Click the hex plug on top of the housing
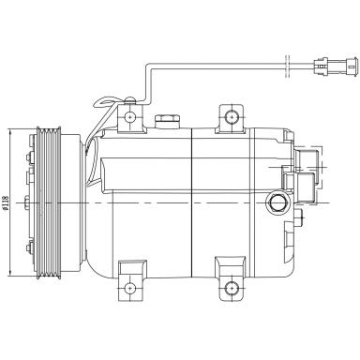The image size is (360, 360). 170,122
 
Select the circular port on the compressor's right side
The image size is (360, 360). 277,202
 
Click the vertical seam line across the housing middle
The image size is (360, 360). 192,206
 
